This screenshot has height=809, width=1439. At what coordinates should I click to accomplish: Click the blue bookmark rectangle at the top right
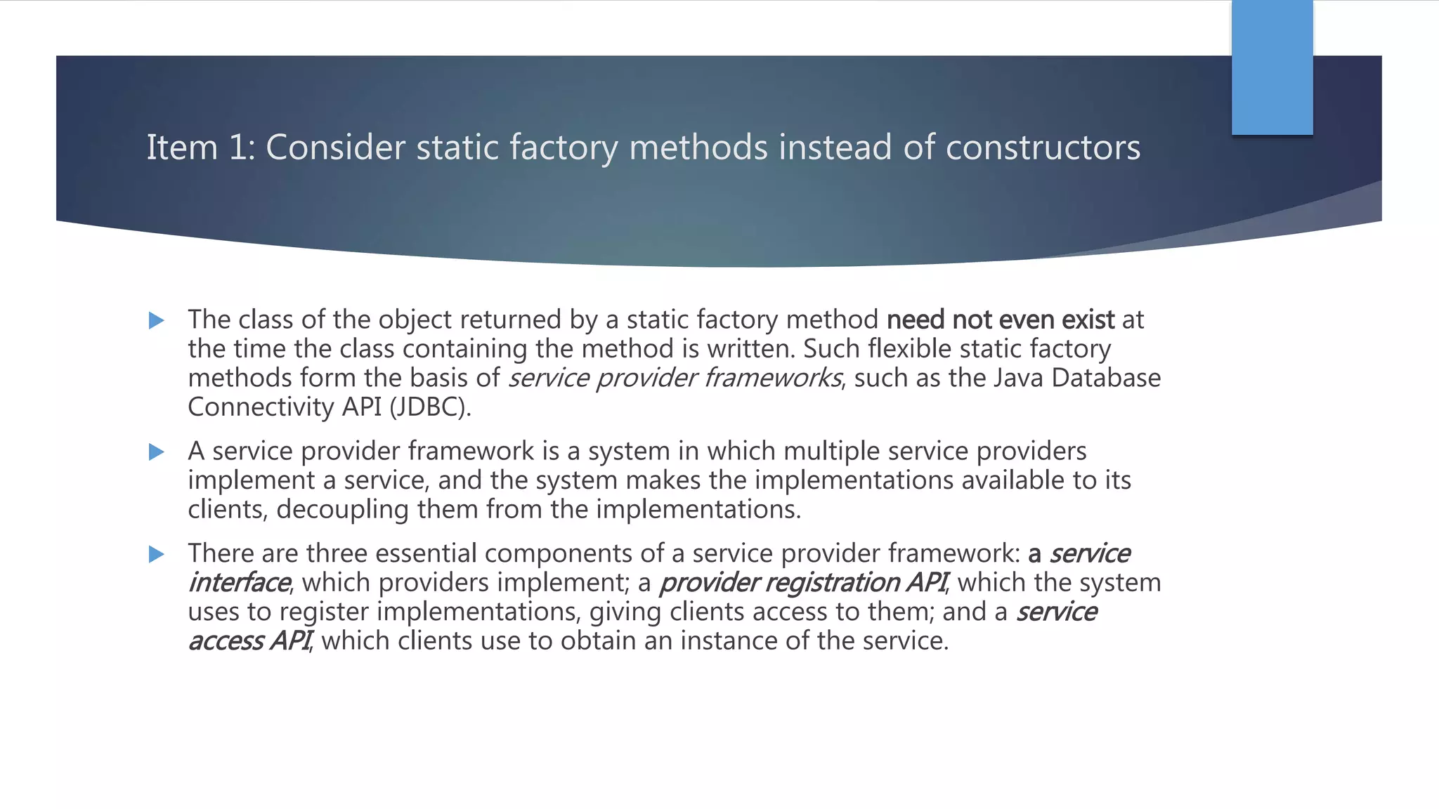pos(1272,67)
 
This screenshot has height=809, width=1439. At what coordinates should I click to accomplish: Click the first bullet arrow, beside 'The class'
pos(157,321)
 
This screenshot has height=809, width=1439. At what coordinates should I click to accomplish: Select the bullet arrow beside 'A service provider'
pos(157,452)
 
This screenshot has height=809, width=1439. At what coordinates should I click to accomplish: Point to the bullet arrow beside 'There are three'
pos(157,555)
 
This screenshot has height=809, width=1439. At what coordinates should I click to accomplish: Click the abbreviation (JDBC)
pos(430,407)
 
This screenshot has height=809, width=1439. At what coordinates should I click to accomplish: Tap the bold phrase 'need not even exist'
pos(1001,320)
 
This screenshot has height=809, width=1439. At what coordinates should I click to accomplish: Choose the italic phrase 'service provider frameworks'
pos(675,379)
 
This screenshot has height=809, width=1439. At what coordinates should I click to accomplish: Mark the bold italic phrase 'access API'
pos(249,641)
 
